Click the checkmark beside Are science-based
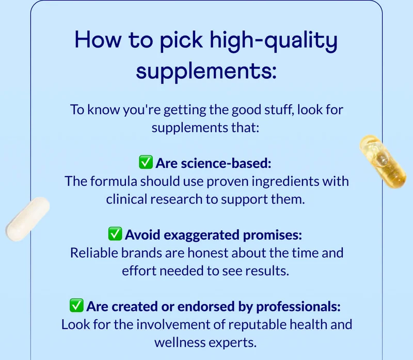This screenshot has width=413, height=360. (x=146, y=163)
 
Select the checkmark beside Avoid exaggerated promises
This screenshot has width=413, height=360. (x=115, y=234)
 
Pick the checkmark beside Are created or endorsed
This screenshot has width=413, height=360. (x=76, y=306)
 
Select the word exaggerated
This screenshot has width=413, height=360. (x=196, y=235)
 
